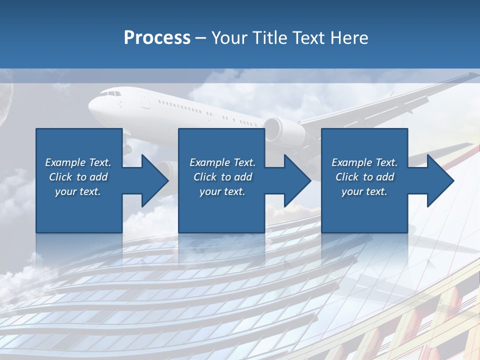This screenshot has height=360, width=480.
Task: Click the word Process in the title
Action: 157,38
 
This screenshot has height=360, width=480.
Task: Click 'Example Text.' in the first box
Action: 78,162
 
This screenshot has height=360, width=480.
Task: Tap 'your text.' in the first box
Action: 78,191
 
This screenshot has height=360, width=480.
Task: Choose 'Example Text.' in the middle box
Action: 222,162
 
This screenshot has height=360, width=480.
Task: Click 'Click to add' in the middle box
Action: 222,177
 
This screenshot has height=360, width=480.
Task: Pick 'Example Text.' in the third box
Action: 364,162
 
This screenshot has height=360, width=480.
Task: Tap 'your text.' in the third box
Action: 364,191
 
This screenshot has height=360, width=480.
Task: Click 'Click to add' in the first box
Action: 78,177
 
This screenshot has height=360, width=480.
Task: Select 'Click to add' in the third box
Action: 365,177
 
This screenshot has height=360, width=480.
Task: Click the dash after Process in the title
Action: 201,38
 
